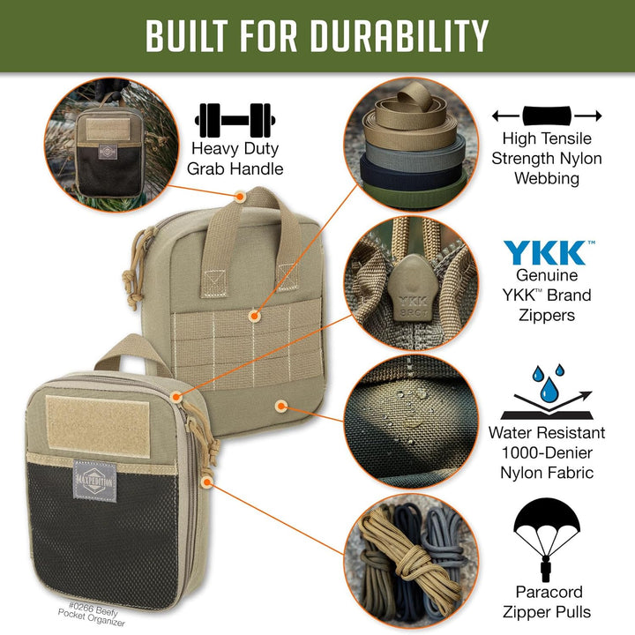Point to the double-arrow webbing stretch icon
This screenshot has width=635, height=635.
tap(547, 116)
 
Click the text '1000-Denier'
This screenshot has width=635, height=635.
tap(547, 452)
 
